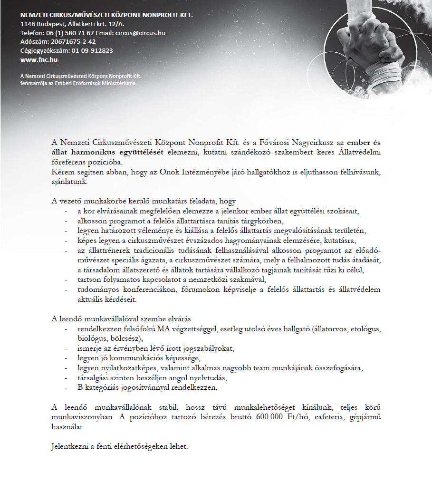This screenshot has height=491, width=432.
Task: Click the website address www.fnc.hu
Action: [39, 60]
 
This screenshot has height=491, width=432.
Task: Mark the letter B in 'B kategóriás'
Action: [80, 387]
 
